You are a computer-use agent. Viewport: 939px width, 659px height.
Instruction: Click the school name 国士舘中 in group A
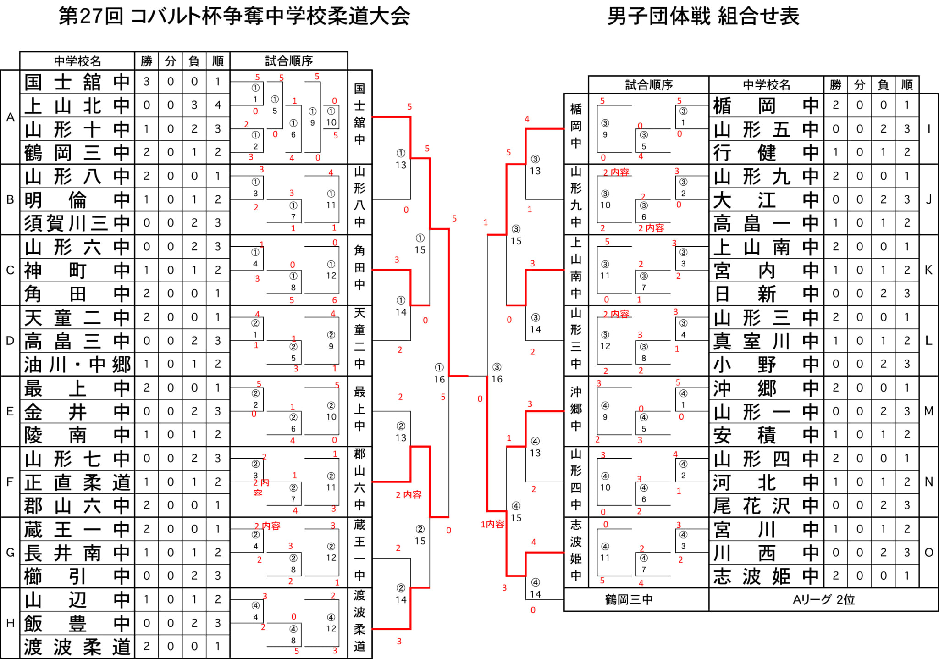tap(77, 82)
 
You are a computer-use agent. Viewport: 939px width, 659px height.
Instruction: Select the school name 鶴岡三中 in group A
tap(77, 152)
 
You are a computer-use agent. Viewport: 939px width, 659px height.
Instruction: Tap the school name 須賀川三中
tap(77, 223)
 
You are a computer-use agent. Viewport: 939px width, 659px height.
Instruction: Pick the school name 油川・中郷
tap(77, 365)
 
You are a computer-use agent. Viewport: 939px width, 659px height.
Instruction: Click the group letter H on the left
tap(10, 623)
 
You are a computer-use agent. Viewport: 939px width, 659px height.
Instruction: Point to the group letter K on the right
tap(928, 270)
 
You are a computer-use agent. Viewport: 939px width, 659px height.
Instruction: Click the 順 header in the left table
tap(218, 61)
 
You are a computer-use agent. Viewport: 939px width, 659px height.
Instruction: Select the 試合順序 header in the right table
tap(648, 85)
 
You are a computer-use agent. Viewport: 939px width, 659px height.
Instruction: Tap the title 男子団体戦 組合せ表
tap(703, 17)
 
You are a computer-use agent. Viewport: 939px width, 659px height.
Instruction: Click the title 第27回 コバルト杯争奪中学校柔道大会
tap(234, 17)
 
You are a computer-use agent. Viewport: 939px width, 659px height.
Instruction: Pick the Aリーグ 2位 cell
tap(823, 600)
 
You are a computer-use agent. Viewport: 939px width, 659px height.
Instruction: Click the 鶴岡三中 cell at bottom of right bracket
tap(629, 600)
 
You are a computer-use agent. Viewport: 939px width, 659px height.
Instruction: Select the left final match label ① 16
tap(439, 373)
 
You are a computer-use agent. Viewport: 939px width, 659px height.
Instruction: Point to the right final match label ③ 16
tap(497, 373)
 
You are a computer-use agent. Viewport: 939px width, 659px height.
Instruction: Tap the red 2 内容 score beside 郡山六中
tap(409, 495)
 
